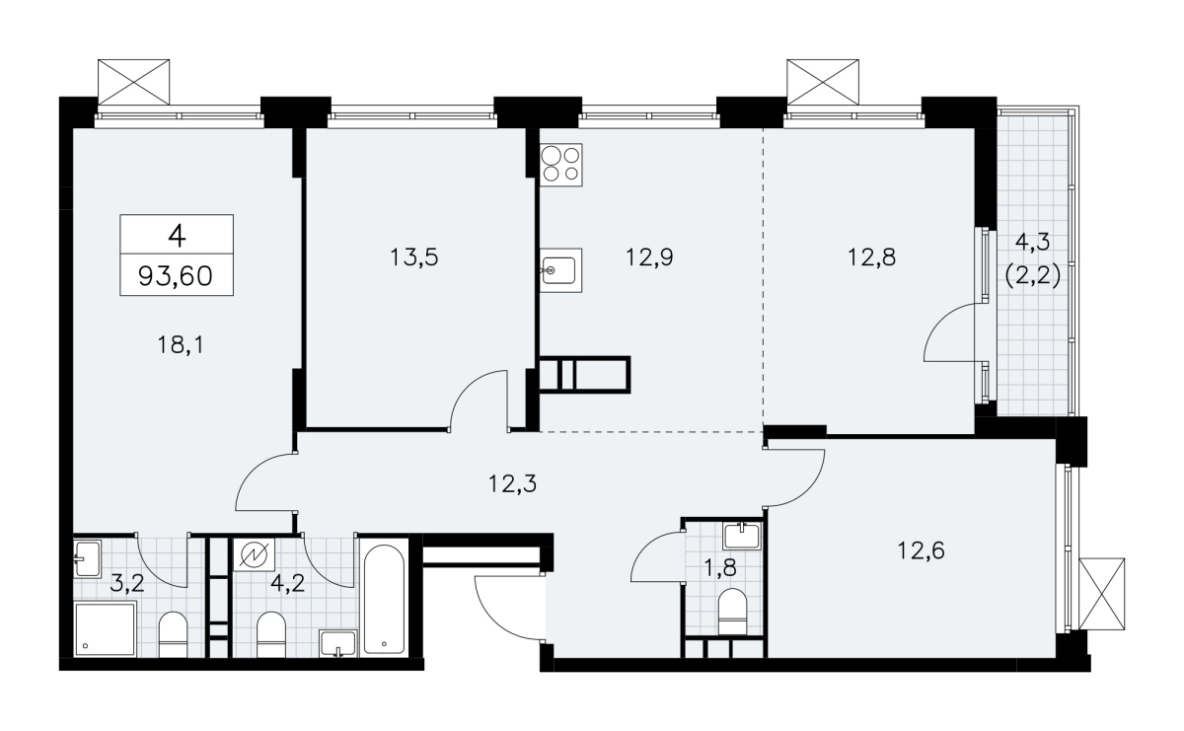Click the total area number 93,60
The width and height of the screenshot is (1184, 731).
point(176,275)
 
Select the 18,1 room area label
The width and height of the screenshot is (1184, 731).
point(181,345)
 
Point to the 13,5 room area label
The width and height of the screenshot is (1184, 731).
point(414,257)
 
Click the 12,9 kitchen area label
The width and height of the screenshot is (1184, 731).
point(649,257)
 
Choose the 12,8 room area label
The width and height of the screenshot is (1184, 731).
point(871,257)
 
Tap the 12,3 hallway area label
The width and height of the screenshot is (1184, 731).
point(512,483)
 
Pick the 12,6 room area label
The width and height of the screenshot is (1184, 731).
point(922,550)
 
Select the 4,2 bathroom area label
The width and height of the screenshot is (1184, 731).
point(287,585)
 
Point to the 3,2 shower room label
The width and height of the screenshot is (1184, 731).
point(127,585)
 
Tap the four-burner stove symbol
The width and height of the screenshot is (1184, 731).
point(560,165)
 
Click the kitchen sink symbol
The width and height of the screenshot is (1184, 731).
point(560,270)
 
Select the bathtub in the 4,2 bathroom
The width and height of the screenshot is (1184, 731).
point(384,597)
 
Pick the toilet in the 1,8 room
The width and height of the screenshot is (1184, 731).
point(732,612)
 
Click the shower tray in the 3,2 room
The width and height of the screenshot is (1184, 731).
point(106,629)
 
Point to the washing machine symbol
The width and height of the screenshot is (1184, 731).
point(255,554)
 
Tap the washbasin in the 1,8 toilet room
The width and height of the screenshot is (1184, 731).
point(742,536)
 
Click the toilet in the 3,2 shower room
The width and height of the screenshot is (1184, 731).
point(173,634)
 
